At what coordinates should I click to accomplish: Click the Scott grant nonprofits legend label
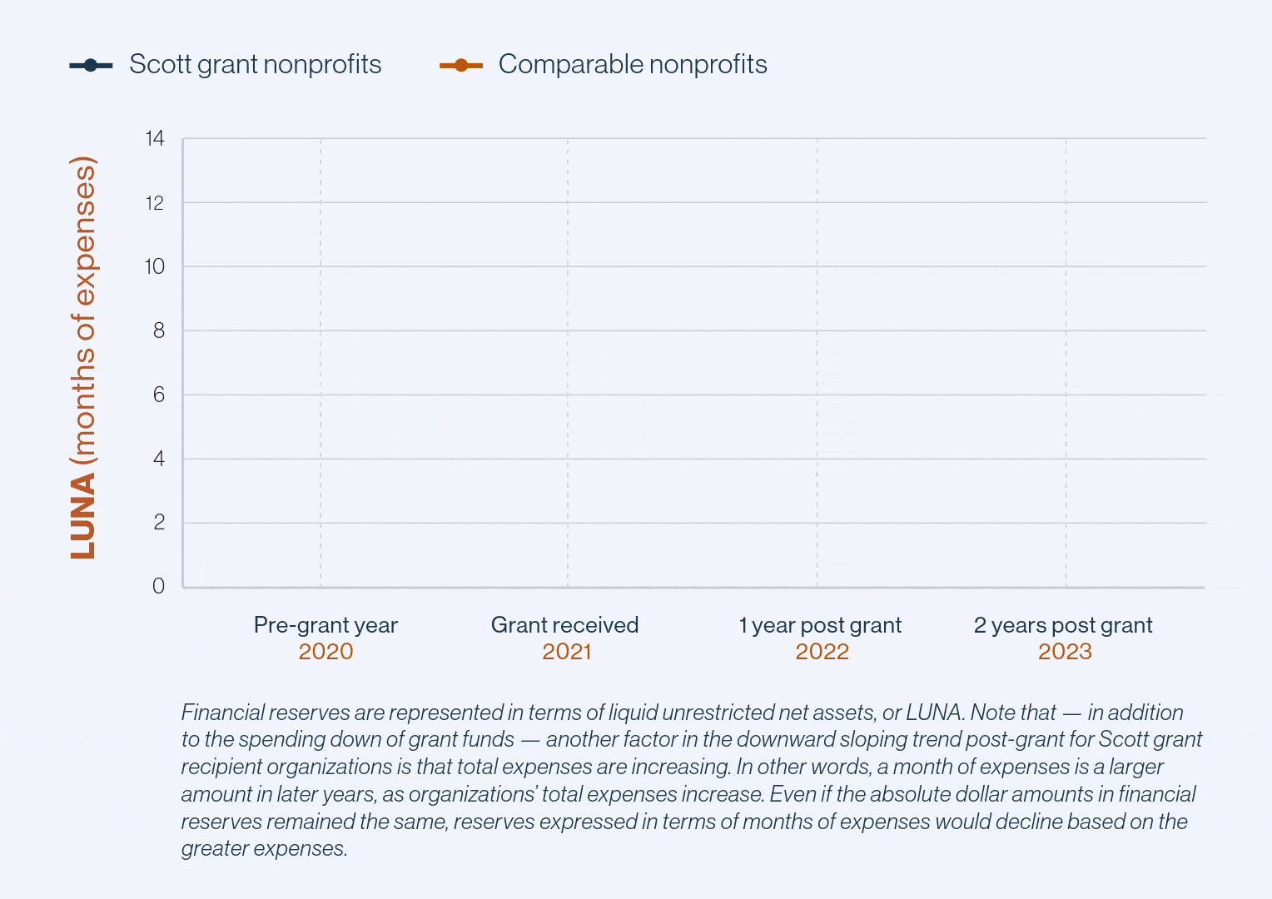tap(255, 64)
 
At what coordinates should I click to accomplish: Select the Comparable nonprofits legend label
tap(633, 64)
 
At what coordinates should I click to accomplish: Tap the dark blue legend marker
tap(91, 65)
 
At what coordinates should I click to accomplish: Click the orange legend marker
tap(461, 65)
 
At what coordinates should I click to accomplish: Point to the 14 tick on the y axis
tap(155, 138)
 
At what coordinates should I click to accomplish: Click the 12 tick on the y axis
tap(155, 202)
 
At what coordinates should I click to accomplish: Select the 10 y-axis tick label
tap(155, 266)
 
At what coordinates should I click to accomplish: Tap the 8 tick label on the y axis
tap(158, 330)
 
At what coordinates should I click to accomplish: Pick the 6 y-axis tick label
tap(158, 395)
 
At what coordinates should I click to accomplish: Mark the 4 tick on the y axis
tap(158, 459)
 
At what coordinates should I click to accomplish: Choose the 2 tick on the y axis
tap(158, 523)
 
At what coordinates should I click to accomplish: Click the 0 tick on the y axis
tap(158, 586)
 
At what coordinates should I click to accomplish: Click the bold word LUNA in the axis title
tap(83, 517)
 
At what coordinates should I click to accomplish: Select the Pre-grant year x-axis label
tap(325, 625)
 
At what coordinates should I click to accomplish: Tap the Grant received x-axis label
tap(564, 625)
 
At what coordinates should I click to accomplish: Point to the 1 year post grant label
tap(820, 625)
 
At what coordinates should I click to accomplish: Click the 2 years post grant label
tap(1063, 625)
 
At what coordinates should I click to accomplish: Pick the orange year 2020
tap(325, 651)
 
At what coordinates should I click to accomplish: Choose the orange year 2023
tap(1065, 651)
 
